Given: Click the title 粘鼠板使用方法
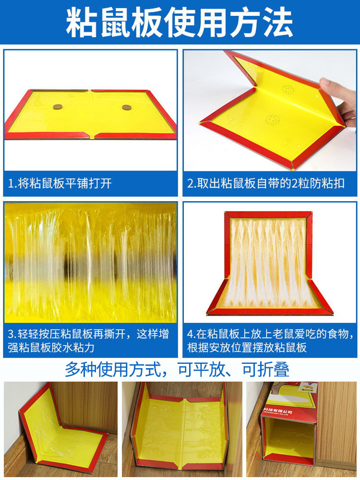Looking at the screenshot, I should coord(180,23).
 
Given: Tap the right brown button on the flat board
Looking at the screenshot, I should coord(127,108).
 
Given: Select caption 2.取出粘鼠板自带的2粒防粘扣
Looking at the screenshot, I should coord(266,183).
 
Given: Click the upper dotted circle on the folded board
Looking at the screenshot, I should coord(288,90).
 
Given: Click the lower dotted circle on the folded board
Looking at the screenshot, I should coord(272,119).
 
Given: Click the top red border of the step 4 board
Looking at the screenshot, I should coord(268,215).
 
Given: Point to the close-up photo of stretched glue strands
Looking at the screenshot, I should coord(90,262).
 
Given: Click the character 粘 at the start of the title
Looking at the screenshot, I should coord(82,23).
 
